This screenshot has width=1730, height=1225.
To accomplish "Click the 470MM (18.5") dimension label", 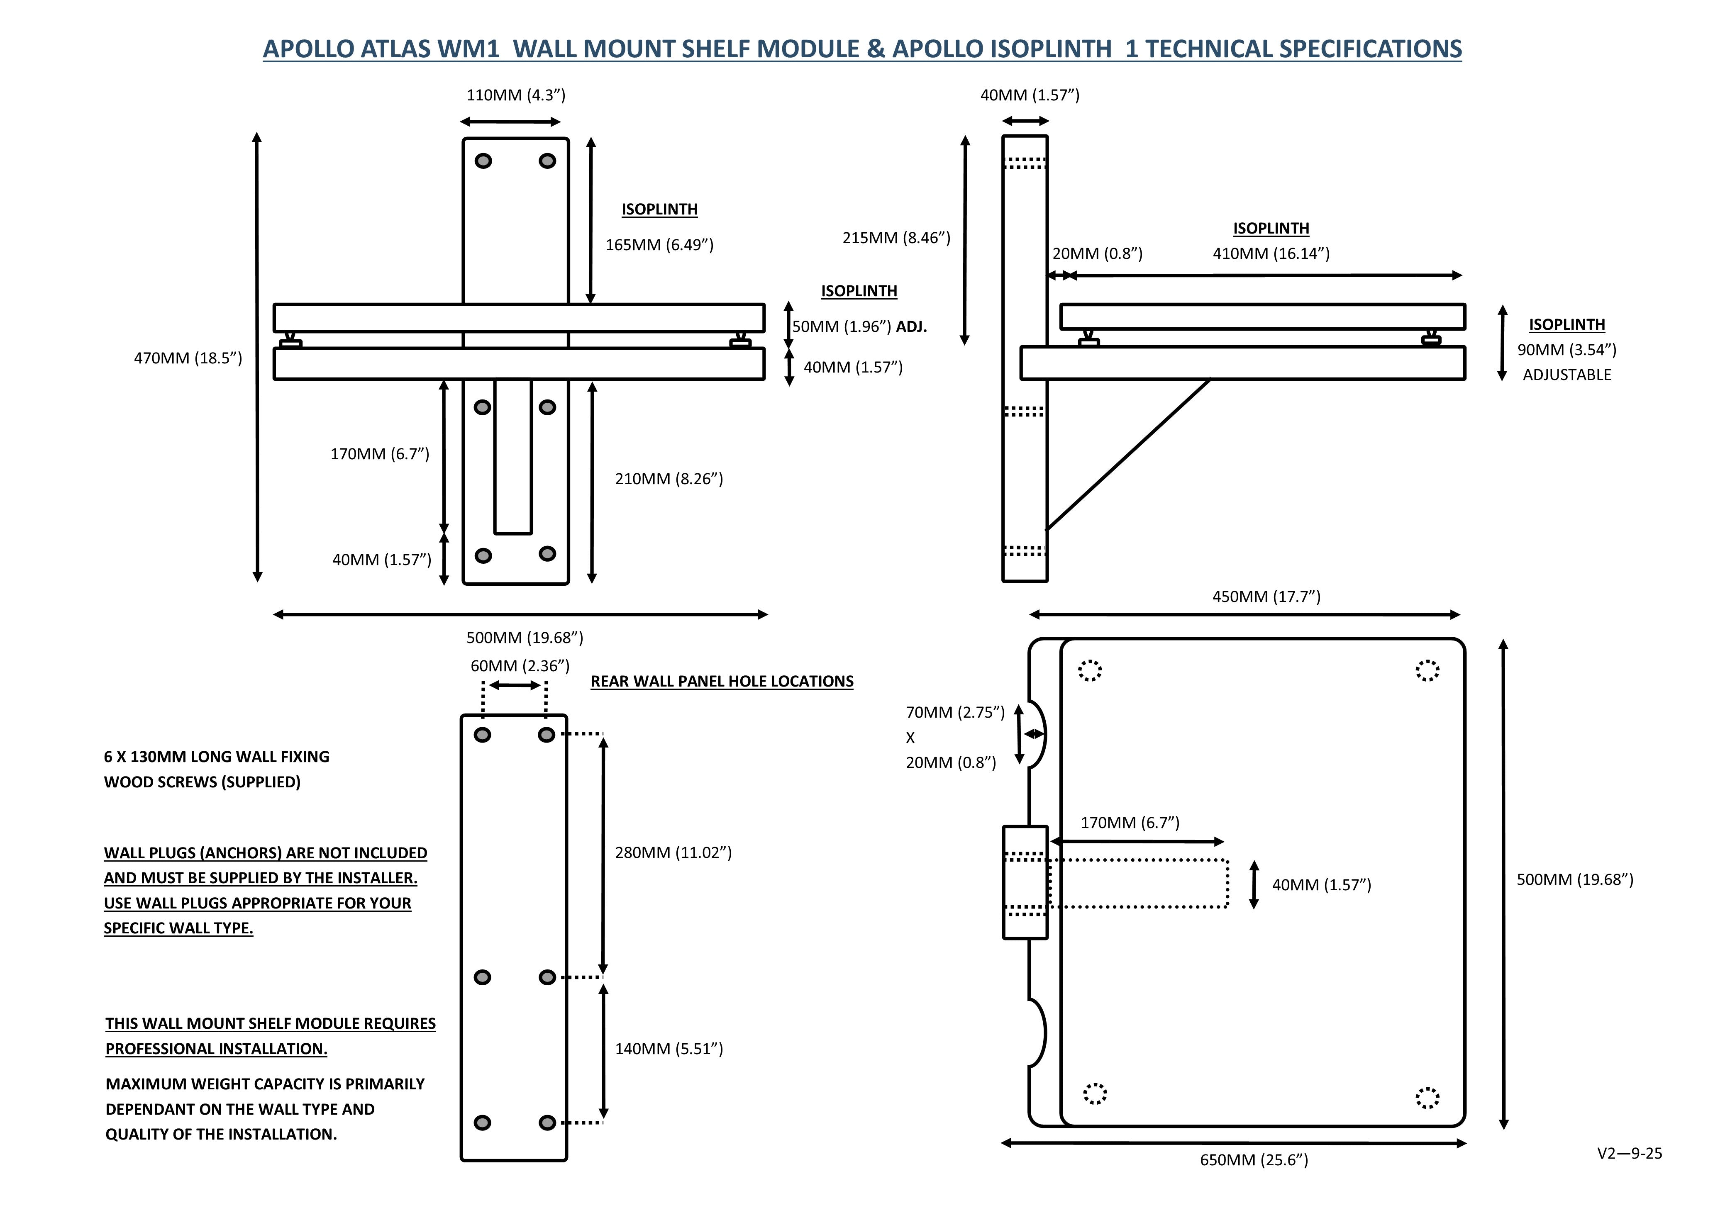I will [x=188, y=358].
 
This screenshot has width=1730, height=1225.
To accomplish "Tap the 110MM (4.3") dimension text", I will [x=515, y=95].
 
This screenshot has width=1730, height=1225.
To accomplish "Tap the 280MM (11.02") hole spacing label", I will [x=673, y=852].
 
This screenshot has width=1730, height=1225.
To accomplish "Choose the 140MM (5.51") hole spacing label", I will [x=669, y=1049].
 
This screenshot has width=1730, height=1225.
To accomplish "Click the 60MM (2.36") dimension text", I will [x=520, y=666].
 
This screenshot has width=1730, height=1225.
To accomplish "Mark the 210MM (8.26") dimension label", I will [x=669, y=479].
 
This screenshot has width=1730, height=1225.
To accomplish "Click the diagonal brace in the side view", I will [x=1128, y=454].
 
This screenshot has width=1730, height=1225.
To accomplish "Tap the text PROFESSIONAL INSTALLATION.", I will [x=216, y=1049].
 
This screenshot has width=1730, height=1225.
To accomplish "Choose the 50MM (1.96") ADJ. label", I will [x=859, y=326].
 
